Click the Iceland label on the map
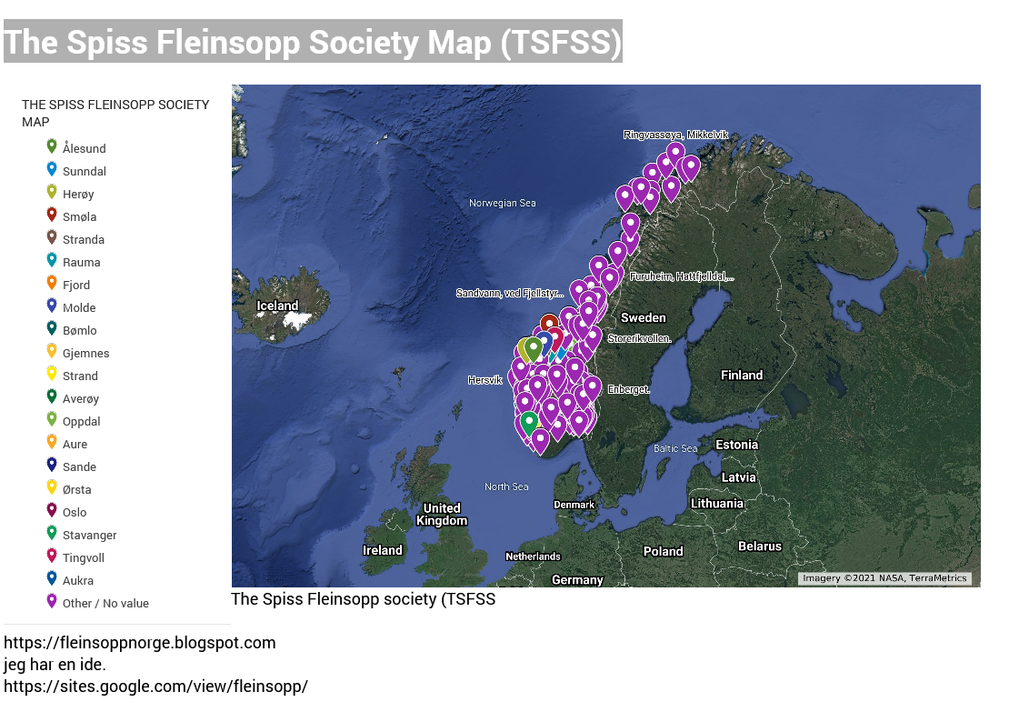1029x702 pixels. point(277,306)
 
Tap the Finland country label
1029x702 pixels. point(742,375)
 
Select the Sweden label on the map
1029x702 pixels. point(643,317)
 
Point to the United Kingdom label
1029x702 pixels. point(442,514)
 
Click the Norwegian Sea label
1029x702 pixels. point(503,203)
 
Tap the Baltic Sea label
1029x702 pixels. point(675,448)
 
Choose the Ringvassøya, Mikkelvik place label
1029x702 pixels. point(675,135)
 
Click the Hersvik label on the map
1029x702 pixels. point(485,379)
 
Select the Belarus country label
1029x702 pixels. point(759,547)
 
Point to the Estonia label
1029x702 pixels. point(736,445)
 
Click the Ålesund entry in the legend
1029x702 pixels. point(84,148)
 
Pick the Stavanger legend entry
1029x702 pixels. point(89,535)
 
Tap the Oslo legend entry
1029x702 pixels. point(75,512)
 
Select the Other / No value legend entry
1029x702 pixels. point(105,603)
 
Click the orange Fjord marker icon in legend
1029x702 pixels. point(52,283)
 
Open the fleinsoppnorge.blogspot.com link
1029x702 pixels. point(140,643)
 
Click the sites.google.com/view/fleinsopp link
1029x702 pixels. point(155,687)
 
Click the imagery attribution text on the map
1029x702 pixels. point(884,578)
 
